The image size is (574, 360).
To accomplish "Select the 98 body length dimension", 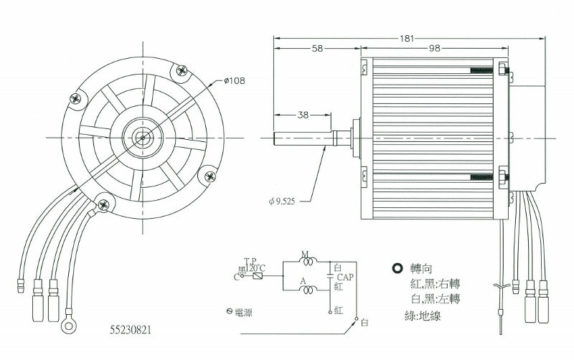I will tap(435, 48).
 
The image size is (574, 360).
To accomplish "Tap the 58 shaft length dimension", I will tap(317, 48).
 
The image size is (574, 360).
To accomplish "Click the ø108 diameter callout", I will tap(235, 81).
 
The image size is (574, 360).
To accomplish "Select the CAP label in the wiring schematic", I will tap(344, 276).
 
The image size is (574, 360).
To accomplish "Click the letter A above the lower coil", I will tap(304, 281).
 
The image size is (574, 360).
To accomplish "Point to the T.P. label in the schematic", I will tap(250, 261).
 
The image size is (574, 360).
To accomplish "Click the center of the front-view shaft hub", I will tap(143, 137).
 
